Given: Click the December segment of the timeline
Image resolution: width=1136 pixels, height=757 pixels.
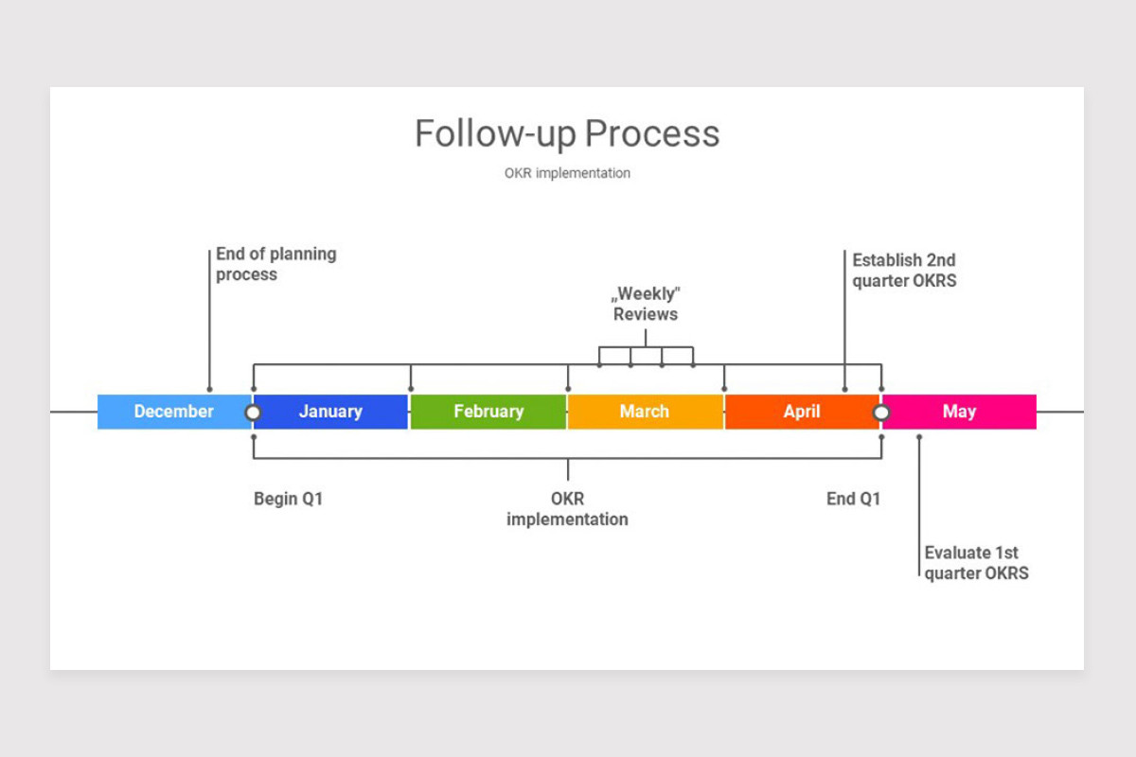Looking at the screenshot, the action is point(174,412).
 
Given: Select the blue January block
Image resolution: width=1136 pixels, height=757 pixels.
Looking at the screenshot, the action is point(330,412).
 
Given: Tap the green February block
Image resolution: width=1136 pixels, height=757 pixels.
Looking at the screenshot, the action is point(488,412).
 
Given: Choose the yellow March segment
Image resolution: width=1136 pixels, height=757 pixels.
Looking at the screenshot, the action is point(645,412).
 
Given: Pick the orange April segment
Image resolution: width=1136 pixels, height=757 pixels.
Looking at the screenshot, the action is point(802,412).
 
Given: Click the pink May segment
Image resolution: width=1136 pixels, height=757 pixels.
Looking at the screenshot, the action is point(959,412).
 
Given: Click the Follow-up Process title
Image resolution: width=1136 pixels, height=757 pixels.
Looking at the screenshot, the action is point(567,133).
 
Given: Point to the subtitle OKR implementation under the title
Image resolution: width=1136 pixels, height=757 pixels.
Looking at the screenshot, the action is point(567,173).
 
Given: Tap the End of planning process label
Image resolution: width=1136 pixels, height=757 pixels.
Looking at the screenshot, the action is point(275,264).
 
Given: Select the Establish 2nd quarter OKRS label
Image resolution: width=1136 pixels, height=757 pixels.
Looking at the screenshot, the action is point(904,271).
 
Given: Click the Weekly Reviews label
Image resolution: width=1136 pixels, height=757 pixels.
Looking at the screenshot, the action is point(645,304).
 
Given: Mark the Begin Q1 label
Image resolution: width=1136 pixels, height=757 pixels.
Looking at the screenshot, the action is point(288,499).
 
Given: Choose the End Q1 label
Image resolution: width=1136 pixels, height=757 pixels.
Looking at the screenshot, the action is point(853,499).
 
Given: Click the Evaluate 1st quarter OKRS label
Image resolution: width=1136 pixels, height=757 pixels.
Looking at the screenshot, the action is point(976,563).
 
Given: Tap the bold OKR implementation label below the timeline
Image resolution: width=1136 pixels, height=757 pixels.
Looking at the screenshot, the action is point(567,509).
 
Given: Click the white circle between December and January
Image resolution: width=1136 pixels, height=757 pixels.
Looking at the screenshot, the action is point(253,413).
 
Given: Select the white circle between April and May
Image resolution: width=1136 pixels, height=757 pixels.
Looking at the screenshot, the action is point(881,413).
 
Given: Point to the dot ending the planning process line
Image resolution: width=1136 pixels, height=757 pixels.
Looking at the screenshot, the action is point(209,390).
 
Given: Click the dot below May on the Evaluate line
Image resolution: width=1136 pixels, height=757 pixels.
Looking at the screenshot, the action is point(919,436).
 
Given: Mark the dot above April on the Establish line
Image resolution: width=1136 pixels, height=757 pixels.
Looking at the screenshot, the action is point(844,390).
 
